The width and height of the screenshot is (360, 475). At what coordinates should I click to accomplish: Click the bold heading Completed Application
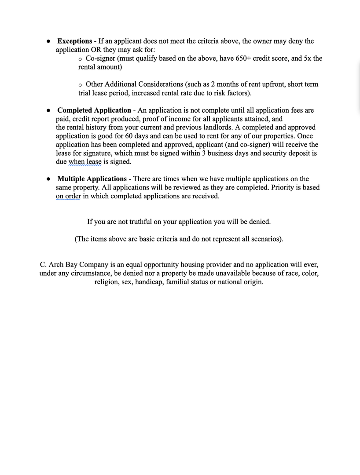[94, 110]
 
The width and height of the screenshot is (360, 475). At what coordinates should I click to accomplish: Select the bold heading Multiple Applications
[92, 179]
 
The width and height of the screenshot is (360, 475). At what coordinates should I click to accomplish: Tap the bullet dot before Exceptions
[48, 41]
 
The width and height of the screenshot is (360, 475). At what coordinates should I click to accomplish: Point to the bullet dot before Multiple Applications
[48, 179]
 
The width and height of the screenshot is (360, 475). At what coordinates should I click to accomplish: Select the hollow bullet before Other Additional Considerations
[80, 84]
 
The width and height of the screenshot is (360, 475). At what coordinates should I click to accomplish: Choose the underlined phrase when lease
[85, 162]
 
